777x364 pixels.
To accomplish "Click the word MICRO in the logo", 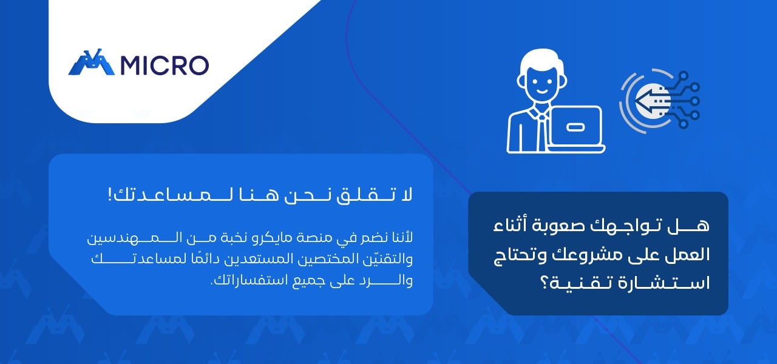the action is click(165, 66).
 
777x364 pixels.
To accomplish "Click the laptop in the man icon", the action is click(576, 129).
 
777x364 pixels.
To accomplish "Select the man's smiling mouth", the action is click(542, 91).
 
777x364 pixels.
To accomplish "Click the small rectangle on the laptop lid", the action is click(575, 127).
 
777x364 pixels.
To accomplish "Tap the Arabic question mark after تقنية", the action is click(546, 283).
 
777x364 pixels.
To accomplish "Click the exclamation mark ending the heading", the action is click(110, 195).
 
